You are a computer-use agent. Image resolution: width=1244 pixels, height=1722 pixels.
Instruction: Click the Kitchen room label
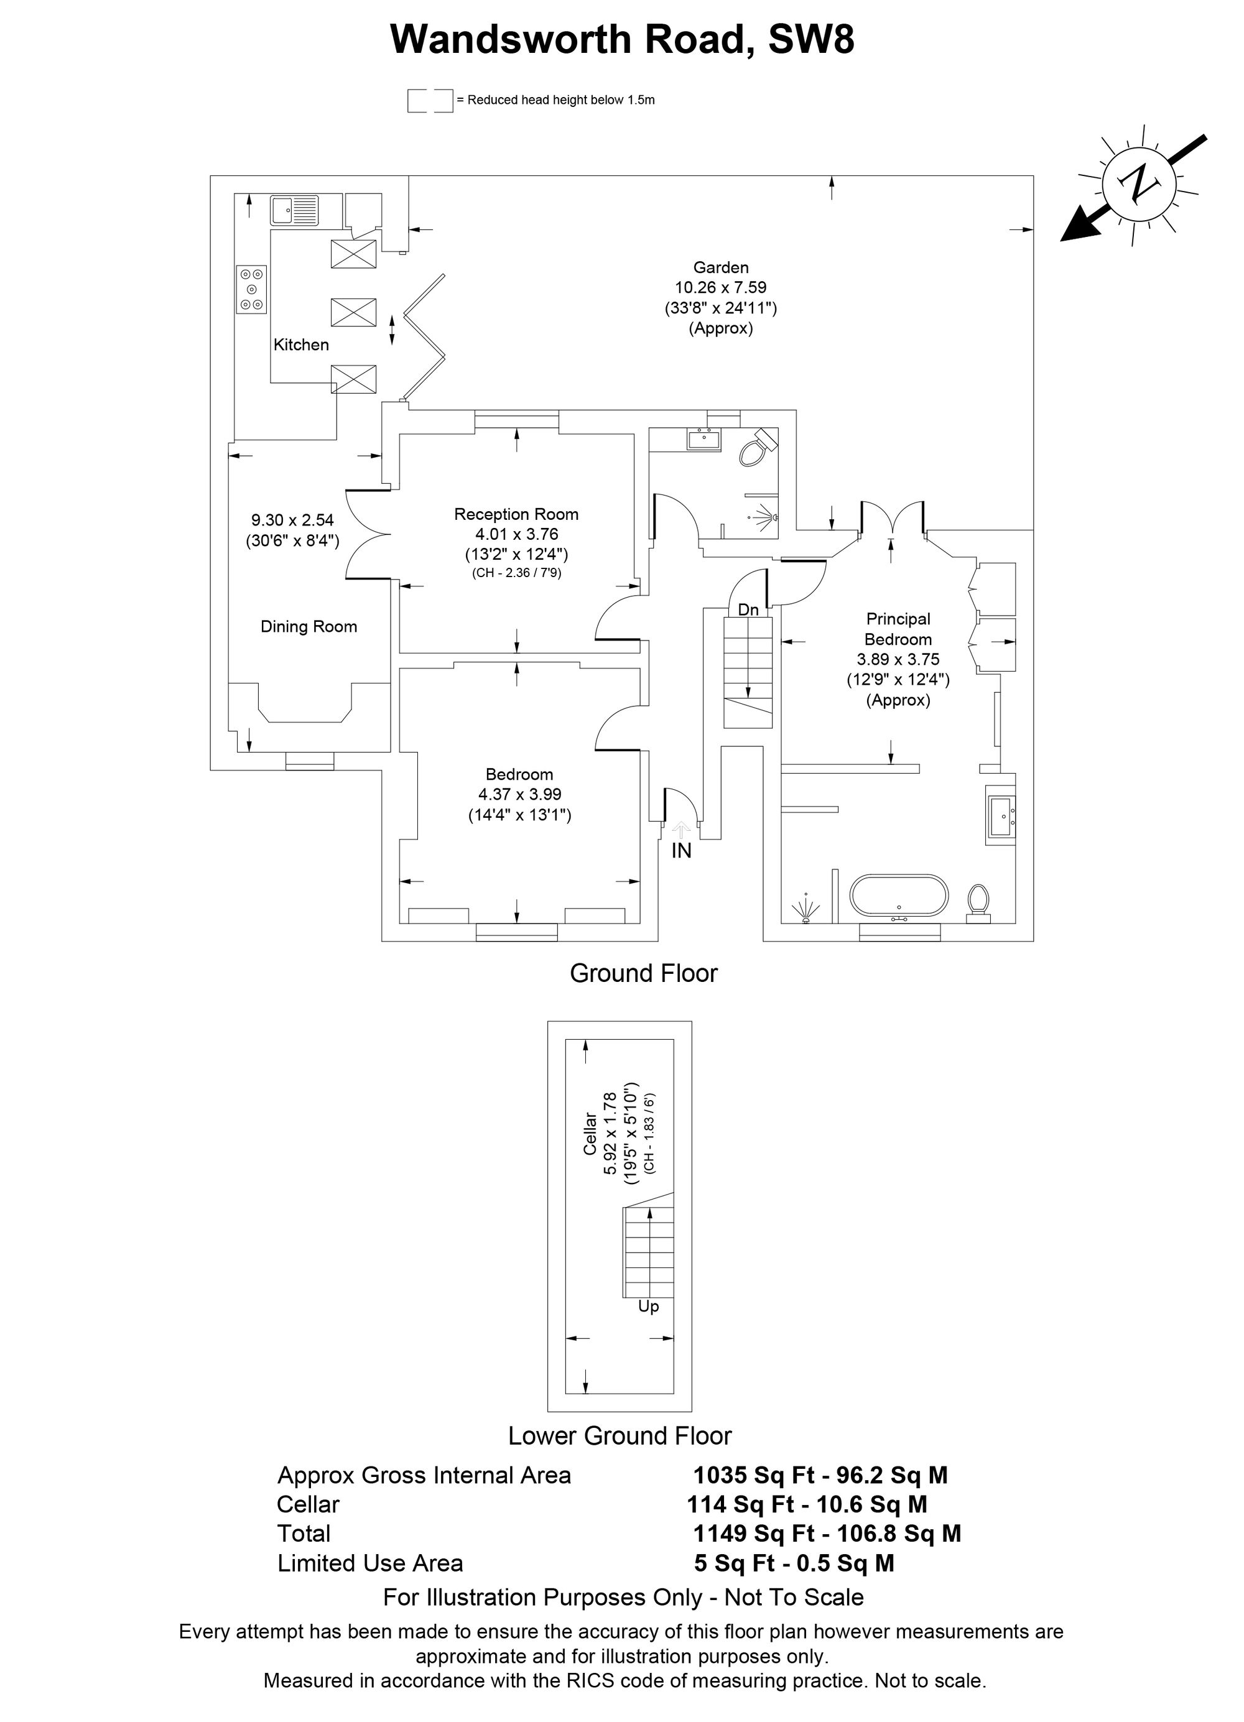click(301, 345)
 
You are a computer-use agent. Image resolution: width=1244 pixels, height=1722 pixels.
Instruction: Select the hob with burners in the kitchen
click(251, 289)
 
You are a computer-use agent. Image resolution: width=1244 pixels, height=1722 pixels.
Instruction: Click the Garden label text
click(721, 267)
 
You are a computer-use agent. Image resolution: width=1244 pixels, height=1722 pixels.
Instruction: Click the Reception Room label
click(516, 514)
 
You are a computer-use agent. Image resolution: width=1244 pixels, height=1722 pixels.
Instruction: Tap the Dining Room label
click(309, 626)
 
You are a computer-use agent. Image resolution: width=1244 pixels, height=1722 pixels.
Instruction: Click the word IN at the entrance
click(681, 851)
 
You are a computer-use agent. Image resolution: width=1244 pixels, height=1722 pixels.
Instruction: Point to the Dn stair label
click(748, 609)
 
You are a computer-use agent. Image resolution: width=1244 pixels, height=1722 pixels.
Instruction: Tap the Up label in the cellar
click(649, 1307)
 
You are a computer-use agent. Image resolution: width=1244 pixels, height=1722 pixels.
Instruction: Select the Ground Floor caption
click(643, 973)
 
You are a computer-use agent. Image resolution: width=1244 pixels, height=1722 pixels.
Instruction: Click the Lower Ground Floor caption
click(620, 1436)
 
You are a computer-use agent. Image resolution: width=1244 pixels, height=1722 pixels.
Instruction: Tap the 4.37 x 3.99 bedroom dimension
click(519, 794)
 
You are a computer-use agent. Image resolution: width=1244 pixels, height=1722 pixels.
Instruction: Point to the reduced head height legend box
click(430, 100)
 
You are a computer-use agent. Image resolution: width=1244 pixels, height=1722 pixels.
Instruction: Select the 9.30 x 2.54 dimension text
click(292, 520)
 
